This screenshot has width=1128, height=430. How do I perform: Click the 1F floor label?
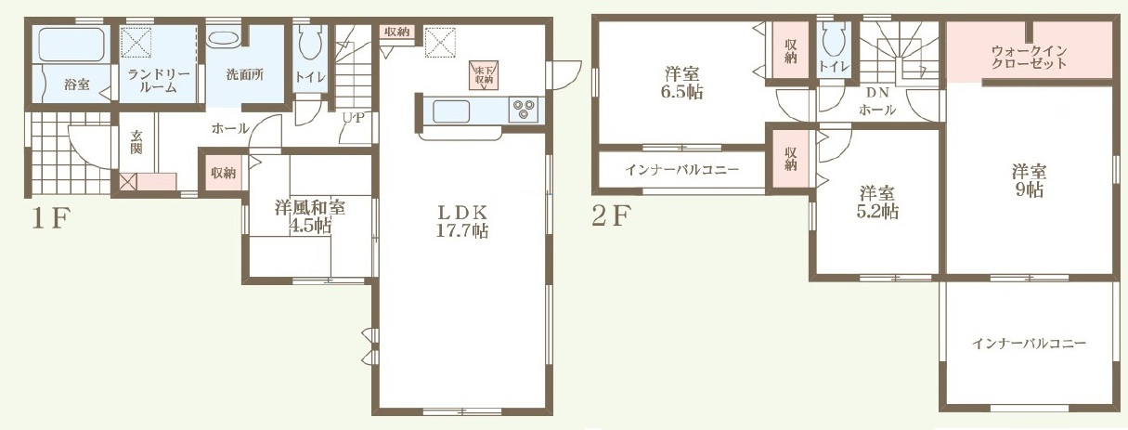[x=50, y=219]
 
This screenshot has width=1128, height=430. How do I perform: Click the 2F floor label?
[x=611, y=217]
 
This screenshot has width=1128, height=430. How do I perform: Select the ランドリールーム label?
[x=158, y=81]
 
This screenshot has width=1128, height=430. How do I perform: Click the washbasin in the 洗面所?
[x=224, y=40]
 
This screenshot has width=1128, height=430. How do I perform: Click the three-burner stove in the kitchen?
[x=523, y=110]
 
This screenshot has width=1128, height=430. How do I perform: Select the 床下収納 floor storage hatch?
[x=484, y=75]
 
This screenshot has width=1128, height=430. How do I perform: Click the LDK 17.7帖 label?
[x=461, y=221]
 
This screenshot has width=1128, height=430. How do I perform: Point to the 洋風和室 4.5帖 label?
[x=310, y=216]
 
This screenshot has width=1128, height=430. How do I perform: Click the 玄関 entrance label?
[x=136, y=141]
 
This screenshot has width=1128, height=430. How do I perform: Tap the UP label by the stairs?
[x=354, y=118]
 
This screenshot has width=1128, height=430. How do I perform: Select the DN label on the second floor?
[x=877, y=93]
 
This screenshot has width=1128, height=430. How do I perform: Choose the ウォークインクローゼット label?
[x=1029, y=58]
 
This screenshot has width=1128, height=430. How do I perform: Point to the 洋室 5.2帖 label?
[x=877, y=202]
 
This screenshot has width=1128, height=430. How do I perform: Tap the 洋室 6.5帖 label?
[x=682, y=83]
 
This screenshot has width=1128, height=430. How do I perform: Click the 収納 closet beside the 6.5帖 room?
[x=790, y=50]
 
